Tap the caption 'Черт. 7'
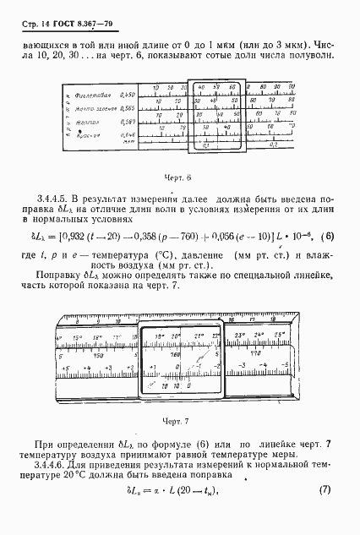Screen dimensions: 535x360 pyautogui.click(x=179, y=418)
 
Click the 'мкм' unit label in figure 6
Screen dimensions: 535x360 pyautogui.click(x=129, y=142)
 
